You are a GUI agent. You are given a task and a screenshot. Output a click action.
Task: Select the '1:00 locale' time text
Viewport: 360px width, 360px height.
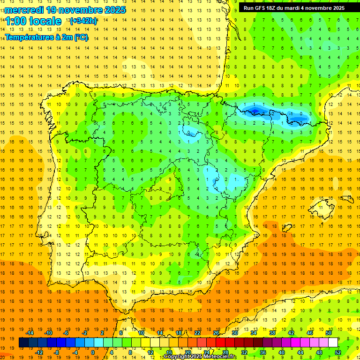coord(33,21)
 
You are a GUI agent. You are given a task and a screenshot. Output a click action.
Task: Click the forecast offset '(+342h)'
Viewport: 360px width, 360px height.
coord(83,21)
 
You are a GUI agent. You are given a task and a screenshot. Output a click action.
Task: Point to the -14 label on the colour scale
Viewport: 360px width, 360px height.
coord(30,333)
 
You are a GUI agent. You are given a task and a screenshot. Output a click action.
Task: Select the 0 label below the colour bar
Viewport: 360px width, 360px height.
coord(92,352)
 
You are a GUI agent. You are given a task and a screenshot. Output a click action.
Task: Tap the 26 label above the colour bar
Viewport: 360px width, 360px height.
coord(216,333)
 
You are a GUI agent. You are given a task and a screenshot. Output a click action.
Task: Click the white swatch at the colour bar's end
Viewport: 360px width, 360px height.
coord(333,342)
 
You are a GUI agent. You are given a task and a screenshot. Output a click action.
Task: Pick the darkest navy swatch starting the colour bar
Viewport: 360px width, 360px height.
coord(23,342)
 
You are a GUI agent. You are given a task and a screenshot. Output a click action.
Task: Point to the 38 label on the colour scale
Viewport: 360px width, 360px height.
coord(272,333)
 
